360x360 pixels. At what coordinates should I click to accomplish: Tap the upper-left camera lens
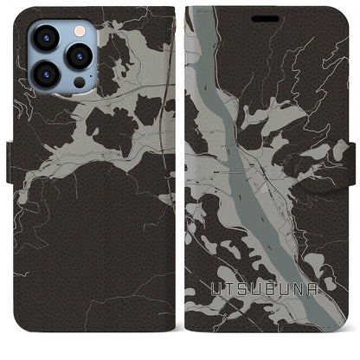[x=45, y=38]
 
